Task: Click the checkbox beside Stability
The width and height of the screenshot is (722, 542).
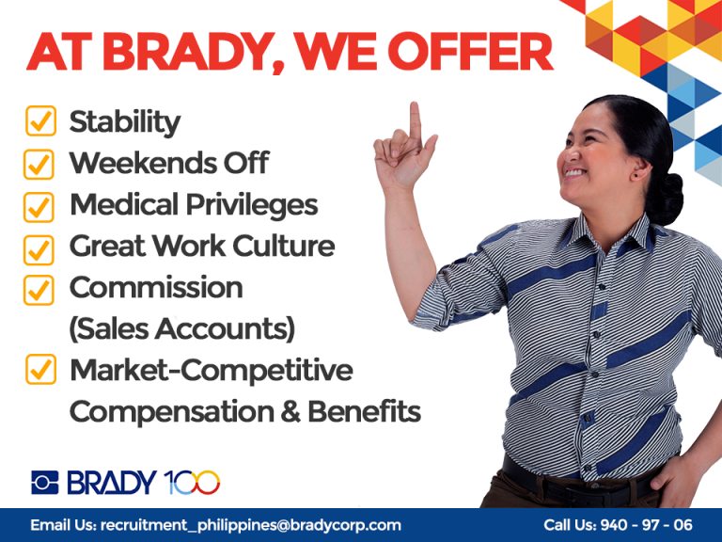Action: click(40, 121)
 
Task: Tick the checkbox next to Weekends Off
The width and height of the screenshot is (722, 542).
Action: click(39, 164)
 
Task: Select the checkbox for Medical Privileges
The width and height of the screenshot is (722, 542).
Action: click(39, 207)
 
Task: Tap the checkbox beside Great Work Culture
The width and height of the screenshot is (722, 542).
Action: click(39, 249)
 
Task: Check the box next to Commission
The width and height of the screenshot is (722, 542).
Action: click(39, 291)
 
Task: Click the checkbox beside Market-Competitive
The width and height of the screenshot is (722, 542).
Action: click(40, 369)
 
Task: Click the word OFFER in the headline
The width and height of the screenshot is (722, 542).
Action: click(470, 51)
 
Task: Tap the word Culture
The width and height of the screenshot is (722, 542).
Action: click(284, 246)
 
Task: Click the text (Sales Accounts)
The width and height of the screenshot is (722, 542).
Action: click(182, 328)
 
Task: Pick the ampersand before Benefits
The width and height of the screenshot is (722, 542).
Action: click(291, 411)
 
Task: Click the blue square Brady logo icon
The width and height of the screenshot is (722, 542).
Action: click(45, 483)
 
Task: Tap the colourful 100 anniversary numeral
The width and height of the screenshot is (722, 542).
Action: click(192, 483)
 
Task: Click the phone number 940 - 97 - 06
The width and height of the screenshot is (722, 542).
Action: click(647, 524)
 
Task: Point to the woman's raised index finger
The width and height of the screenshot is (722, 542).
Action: click(415, 120)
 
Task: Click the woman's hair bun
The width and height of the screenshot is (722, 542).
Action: click(665, 199)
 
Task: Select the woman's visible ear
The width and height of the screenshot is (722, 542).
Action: click(640, 168)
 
